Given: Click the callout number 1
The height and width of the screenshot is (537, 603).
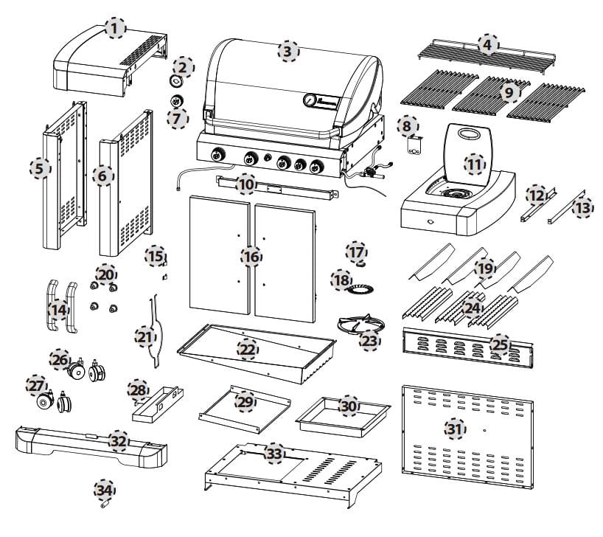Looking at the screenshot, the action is click(115, 28).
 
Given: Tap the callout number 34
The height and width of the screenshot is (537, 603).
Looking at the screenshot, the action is click(104, 490).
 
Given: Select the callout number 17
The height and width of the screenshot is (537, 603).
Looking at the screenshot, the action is click(356, 252).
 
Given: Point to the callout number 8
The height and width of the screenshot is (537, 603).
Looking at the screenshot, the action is click(408, 126).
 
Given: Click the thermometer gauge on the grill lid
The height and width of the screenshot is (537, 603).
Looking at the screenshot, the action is click(309, 100).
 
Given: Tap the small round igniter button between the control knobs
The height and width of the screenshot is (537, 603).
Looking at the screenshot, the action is click(268, 157).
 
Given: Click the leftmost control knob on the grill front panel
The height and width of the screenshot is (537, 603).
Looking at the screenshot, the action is click(217, 155).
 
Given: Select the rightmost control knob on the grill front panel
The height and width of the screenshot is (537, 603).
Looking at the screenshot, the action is click(316, 167).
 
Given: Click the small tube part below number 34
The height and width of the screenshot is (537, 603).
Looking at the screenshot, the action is click(105, 505).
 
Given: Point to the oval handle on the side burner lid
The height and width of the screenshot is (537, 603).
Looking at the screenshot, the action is click(467, 134).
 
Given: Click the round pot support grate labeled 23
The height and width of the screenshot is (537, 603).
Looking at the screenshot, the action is click(360, 326).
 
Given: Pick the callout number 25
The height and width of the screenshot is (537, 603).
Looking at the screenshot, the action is click(501, 344).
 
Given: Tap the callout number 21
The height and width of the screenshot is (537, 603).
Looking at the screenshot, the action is click(145, 337).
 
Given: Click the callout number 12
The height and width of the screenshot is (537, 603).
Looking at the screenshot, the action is click(537, 195).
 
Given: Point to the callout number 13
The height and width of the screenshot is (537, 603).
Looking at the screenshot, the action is click(582, 208).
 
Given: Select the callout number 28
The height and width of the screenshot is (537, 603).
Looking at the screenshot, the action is click(138, 390).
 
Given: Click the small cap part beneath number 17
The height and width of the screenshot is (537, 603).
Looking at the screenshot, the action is click(360, 264).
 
